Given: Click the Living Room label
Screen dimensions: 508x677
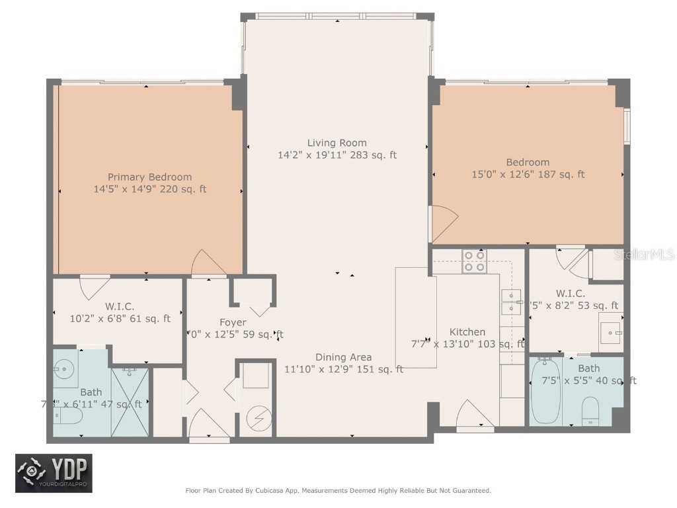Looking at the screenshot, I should [x=337, y=143].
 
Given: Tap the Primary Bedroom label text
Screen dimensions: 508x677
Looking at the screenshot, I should [x=150, y=177].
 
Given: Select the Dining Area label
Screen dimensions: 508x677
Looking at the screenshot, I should [x=343, y=357].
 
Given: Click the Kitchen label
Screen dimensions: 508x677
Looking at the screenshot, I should [x=467, y=332].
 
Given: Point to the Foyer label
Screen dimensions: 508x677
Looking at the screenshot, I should [x=233, y=322].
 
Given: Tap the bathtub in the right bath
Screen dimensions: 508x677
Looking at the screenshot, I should [x=545, y=391].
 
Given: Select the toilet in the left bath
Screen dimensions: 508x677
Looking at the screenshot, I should [x=68, y=415].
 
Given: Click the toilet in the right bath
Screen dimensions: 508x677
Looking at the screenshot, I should [x=590, y=411].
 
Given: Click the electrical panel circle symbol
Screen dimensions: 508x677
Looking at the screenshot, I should [x=255, y=417].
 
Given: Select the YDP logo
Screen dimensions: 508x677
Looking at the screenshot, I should [x=54, y=474].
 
